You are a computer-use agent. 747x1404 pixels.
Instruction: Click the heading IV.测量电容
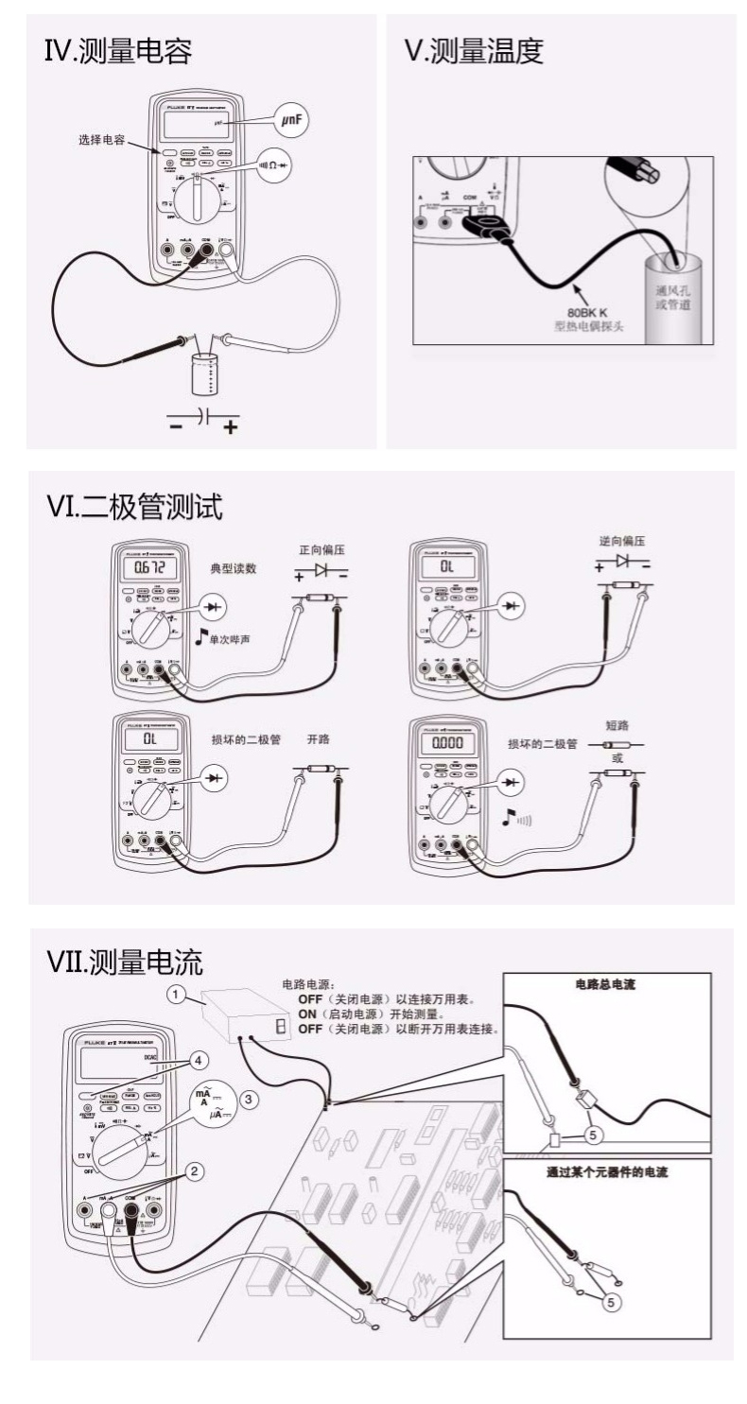pos(118,52)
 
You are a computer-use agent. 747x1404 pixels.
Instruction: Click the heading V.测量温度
pos(475,52)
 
